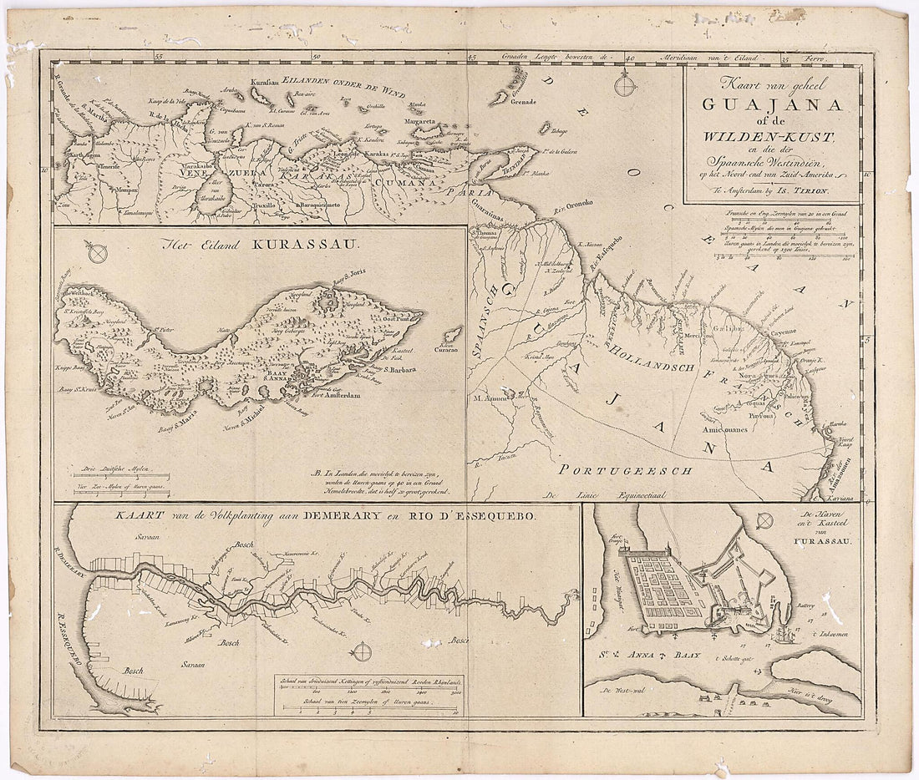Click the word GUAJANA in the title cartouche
[x=773, y=104]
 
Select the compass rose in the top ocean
[x=622, y=84]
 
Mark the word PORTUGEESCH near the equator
[x=627, y=470]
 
